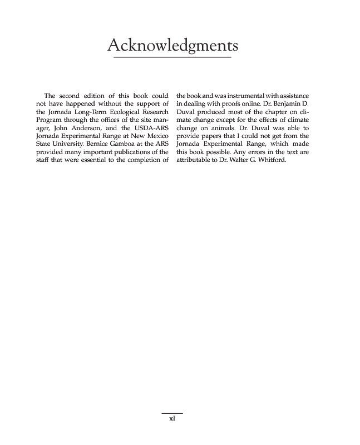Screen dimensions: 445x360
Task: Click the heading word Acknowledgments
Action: point(172,44)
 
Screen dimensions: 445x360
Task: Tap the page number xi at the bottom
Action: point(172,419)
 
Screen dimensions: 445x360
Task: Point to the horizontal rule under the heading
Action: point(172,57)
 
